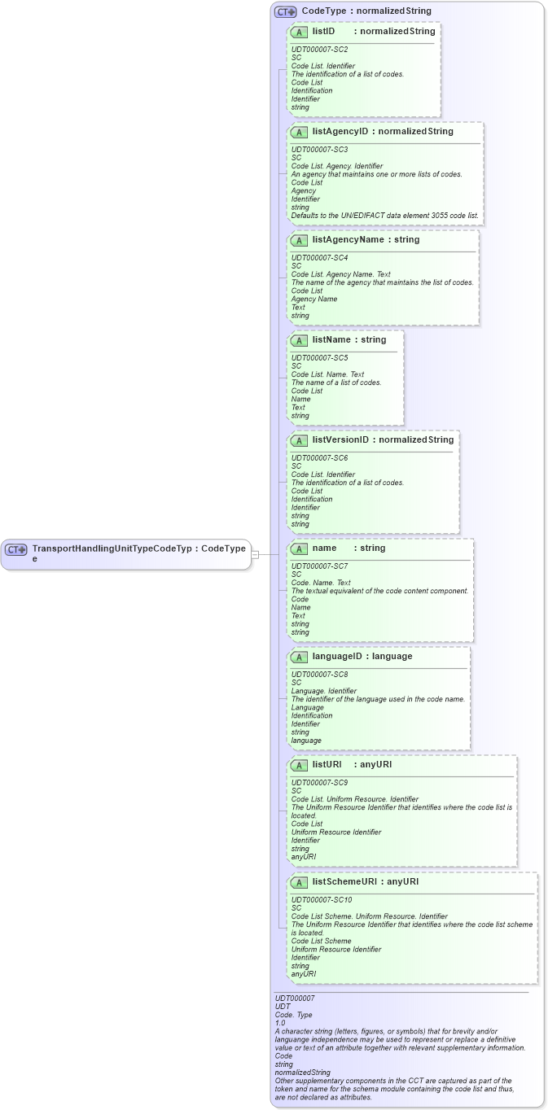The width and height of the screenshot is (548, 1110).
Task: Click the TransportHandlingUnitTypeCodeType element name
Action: point(112,549)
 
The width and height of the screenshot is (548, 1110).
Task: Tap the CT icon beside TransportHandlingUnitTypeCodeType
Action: point(16,549)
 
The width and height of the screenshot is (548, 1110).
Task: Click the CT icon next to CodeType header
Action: point(286,11)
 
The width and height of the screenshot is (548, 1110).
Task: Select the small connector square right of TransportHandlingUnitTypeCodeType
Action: point(255,554)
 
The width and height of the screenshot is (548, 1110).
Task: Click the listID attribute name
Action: point(323,31)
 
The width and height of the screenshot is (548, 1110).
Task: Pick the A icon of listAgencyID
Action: point(299,132)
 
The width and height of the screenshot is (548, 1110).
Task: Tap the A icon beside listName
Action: point(299,340)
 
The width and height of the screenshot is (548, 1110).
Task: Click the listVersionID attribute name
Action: point(340,440)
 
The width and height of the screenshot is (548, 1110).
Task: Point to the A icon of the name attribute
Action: point(299,548)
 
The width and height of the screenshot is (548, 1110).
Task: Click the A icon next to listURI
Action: point(299,765)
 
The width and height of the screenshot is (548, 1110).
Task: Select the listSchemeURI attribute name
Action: point(346,881)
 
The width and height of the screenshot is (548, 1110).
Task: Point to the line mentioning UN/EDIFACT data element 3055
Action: point(385,216)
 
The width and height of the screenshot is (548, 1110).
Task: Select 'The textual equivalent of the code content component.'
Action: point(379,591)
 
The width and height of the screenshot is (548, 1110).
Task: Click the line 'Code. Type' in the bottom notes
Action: point(293,1015)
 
